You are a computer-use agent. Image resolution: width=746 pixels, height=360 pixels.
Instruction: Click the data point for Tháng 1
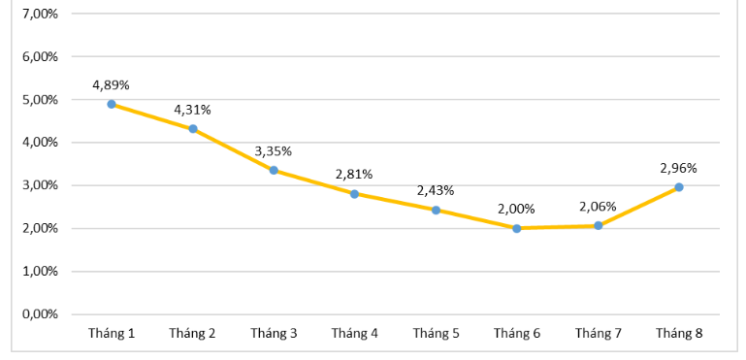[x=112, y=104]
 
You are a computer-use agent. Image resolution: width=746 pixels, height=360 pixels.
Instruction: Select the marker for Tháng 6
[x=516, y=228]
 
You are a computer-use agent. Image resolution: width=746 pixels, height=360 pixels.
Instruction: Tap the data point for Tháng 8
[x=678, y=186]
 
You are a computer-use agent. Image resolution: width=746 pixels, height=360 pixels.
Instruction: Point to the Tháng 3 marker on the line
[x=274, y=170]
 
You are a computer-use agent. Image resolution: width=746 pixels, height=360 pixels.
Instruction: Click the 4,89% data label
[x=111, y=84]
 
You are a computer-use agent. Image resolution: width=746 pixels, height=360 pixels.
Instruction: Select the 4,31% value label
[x=192, y=109]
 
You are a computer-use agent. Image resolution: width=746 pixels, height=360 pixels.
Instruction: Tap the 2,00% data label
[x=516, y=209]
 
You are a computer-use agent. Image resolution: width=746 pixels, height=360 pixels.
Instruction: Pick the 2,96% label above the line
[x=678, y=167]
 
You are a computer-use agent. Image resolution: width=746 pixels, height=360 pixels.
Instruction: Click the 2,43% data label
[x=436, y=190]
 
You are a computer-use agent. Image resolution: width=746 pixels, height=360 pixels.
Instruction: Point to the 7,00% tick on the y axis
[x=39, y=14]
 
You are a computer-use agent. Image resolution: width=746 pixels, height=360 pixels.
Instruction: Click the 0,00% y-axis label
[x=39, y=314]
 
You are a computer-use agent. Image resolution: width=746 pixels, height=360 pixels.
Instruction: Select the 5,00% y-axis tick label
[x=39, y=99]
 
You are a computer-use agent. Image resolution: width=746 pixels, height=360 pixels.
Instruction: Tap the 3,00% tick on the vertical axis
[x=39, y=185]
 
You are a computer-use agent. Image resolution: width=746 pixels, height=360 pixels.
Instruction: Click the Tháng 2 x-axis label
[x=192, y=334]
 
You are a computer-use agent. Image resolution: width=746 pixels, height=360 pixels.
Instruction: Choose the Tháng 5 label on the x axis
[x=436, y=334]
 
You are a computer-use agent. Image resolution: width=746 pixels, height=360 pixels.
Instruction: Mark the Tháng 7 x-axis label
[x=598, y=334]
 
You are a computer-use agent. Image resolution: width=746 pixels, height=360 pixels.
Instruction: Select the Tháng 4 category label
[x=354, y=334]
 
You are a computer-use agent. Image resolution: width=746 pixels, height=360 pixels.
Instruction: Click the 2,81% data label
[x=354, y=174]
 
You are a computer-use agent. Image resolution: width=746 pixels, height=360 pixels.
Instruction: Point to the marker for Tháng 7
[x=598, y=225]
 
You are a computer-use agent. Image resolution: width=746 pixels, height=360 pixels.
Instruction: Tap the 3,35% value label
[x=274, y=150]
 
